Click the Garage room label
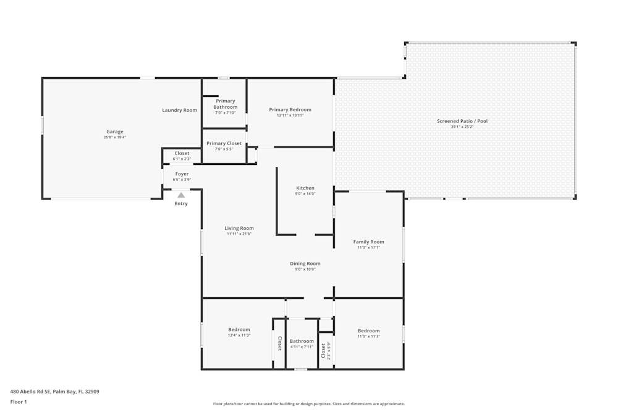click(115, 132)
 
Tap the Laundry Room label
click(179, 110)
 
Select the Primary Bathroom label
click(226, 104)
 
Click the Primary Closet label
click(224, 143)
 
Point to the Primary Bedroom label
click(290, 109)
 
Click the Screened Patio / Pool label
click(462, 121)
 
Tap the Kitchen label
click(305, 188)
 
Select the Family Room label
click(368, 242)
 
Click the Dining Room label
click(305, 264)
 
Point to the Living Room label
click(239, 228)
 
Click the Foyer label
click(182, 174)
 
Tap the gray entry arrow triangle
click(181, 195)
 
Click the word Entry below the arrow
click(181, 203)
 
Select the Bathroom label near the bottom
click(302, 341)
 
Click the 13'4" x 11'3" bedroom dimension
click(239, 335)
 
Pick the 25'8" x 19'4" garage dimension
click(115, 137)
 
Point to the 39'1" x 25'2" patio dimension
click(462, 127)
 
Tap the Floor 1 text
click(19, 401)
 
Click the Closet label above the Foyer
click(182, 153)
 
